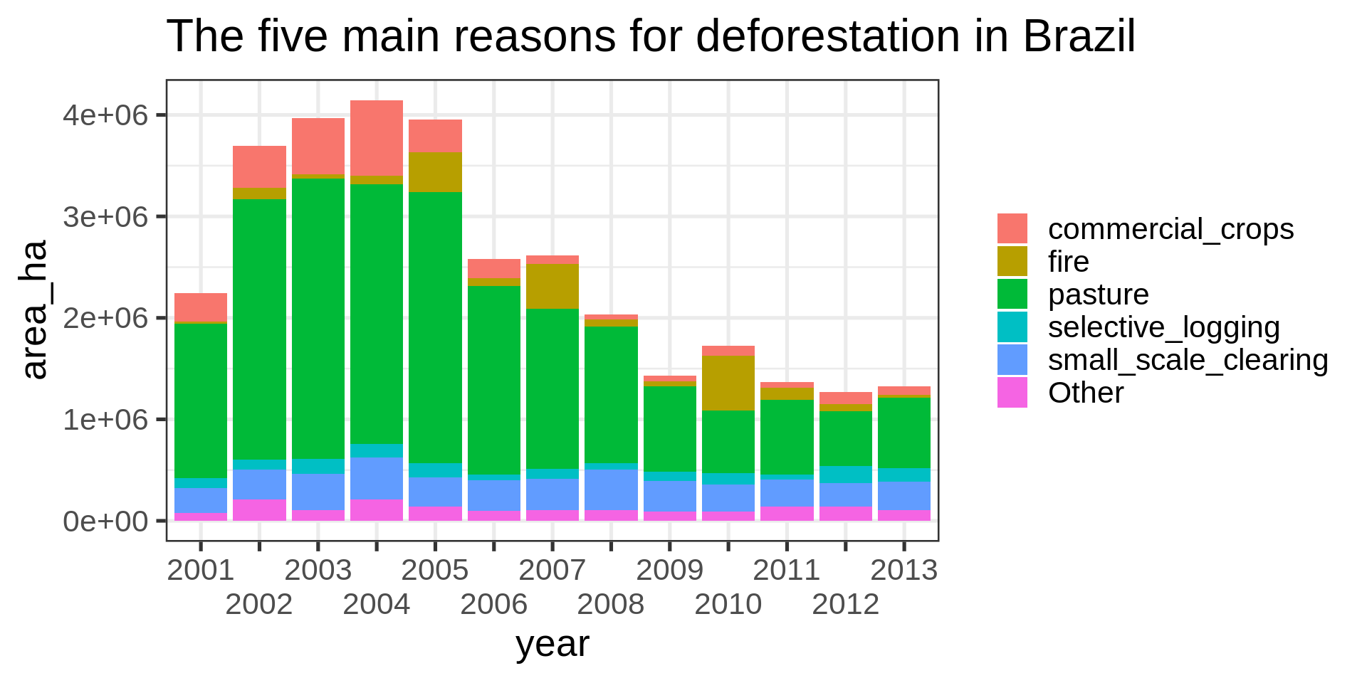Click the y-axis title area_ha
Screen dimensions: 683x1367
click(34, 309)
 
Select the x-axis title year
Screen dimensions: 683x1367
click(552, 645)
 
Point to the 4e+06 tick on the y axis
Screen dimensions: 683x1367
click(105, 115)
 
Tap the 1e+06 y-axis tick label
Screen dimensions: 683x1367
click(105, 420)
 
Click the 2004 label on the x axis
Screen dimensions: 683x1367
click(376, 605)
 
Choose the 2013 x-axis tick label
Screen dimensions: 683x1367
click(904, 571)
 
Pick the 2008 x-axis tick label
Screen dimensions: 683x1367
click(610, 605)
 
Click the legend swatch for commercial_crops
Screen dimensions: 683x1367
click(1012, 229)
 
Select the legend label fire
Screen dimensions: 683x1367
click(1068, 262)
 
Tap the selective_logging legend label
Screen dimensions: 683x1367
click(1163, 327)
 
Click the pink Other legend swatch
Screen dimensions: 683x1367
click(1012, 393)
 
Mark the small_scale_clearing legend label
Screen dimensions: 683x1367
click(1188, 360)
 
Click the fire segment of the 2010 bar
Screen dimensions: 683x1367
click(728, 383)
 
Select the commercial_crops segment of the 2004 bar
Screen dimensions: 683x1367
click(376, 138)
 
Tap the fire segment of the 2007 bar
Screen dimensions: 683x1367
click(552, 286)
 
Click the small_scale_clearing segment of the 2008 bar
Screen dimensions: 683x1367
click(610, 489)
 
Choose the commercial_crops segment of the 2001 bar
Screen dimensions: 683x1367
click(201, 307)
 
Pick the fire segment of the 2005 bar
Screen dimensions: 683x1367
click(435, 171)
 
